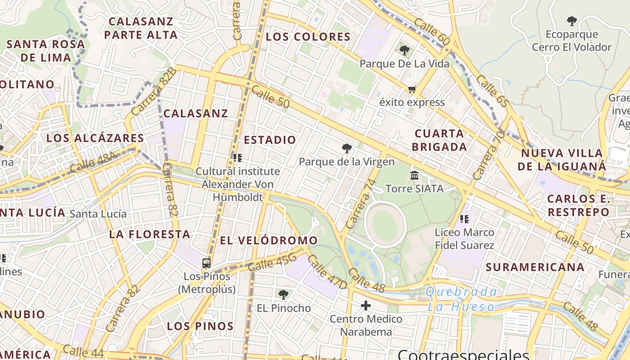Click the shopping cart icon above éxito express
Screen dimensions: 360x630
412,89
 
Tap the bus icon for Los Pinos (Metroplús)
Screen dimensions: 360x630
207,263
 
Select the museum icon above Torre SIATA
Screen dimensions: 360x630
414,175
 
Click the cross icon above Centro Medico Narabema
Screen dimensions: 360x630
366,306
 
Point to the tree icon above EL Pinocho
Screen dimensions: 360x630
283,295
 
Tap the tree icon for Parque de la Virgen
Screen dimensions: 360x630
346,148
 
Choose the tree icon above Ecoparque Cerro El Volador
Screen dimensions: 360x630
571,21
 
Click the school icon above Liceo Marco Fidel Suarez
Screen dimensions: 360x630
464,219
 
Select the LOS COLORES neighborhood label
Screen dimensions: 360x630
308,37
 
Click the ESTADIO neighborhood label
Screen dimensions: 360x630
270,140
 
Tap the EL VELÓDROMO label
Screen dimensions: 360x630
269,241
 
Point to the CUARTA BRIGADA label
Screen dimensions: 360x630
439,140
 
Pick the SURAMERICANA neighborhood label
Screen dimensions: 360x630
535,267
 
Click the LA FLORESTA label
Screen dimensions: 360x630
149,234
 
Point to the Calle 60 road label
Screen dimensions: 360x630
432,31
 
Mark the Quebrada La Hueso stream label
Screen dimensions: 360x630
461,299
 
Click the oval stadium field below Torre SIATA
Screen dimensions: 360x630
385,224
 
